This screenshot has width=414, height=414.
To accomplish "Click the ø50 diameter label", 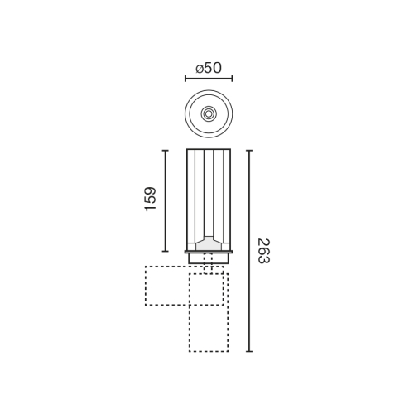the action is pyautogui.click(x=209, y=68).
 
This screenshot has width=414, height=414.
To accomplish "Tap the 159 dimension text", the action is pyautogui.click(x=151, y=200).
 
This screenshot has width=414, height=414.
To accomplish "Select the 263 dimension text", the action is pyautogui.click(x=264, y=251).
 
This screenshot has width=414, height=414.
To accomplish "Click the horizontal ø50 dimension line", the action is pyautogui.click(x=209, y=79).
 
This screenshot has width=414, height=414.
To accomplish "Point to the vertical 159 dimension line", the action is pyautogui.click(x=165, y=201).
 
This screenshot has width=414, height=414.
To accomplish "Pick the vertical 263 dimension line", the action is pyautogui.click(x=249, y=251).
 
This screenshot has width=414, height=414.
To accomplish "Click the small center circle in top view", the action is pyautogui.click(x=209, y=113).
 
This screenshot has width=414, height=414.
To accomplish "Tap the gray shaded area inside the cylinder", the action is pyautogui.click(x=209, y=243).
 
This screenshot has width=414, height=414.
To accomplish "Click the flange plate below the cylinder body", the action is pyautogui.click(x=209, y=252).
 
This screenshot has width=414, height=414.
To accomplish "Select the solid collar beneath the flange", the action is pyautogui.click(x=209, y=258).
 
